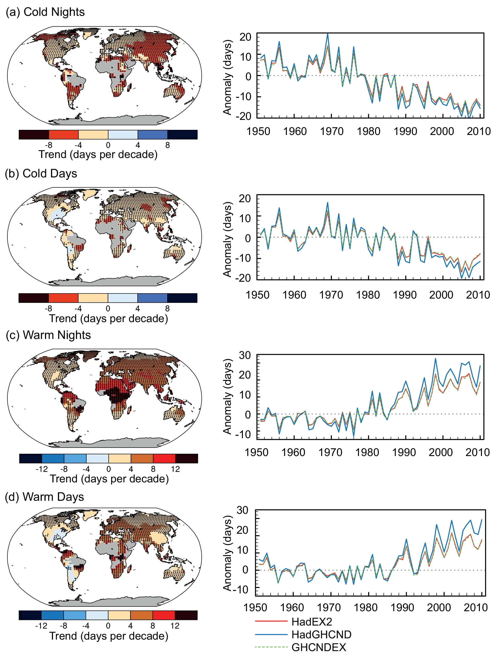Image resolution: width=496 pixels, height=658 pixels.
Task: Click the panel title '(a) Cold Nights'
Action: (x=45, y=12)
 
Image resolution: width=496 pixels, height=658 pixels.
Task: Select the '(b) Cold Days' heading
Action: (x=41, y=173)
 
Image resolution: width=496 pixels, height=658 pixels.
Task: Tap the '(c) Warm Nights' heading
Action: (x=48, y=335)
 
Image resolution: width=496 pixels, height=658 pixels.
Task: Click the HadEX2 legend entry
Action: (x=311, y=622)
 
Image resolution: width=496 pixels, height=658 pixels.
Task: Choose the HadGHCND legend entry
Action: (x=321, y=634)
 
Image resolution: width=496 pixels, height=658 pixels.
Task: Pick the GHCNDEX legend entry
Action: (x=319, y=647)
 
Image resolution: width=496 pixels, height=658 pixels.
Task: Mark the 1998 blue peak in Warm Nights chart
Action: (x=435, y=358)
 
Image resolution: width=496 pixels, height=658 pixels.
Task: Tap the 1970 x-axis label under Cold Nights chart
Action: (x=331, y=131)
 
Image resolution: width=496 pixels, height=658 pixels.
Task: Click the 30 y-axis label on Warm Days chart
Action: (x=242, y=510)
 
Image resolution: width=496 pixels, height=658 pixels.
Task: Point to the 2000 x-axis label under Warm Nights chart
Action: (x=440, y=452)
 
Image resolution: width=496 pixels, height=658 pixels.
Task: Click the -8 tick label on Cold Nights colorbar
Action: (x=49, y=145)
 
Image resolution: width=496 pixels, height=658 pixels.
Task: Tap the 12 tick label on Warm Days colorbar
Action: (x=175, y=626)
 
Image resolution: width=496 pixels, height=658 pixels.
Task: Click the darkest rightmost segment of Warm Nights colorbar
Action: (x=187, y=458)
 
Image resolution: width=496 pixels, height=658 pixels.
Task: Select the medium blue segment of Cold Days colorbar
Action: (x=152, y=298)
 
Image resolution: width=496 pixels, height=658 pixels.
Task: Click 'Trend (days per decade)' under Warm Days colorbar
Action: (x=109, y=636)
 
